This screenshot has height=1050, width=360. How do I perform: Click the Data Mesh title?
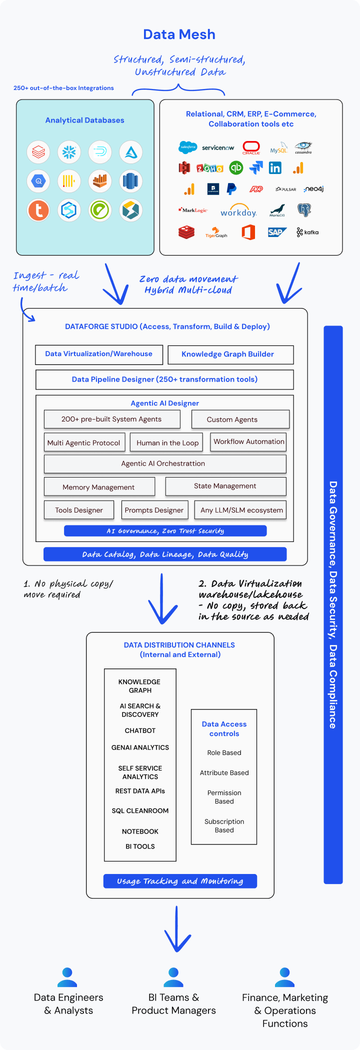(179, 34)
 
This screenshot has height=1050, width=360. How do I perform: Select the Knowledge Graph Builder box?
(230, 354)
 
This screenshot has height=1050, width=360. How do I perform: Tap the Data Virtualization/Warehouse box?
(99, 354)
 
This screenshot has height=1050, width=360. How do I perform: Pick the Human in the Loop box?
(167, 442)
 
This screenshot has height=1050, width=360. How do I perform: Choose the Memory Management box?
(99, 486)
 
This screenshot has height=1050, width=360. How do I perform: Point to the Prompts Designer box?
(154, 510)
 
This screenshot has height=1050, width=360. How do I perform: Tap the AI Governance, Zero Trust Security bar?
(165, 531)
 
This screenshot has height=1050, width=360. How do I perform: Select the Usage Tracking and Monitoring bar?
(180, 881)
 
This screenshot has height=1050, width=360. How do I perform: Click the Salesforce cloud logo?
(187, 147)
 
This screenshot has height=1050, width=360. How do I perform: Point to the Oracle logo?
(251, 147)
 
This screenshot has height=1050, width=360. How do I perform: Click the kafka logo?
(307, 232)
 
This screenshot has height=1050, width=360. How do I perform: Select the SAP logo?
(276, 232)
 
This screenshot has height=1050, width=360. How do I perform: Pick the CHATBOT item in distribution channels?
(140, 730)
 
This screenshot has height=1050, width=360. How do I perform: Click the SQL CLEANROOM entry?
(140, 810)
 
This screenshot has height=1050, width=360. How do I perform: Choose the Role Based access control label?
(224, 752)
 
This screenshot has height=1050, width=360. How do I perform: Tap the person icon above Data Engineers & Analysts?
(67, 977)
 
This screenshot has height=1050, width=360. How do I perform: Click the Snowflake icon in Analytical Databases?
(69, 152)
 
